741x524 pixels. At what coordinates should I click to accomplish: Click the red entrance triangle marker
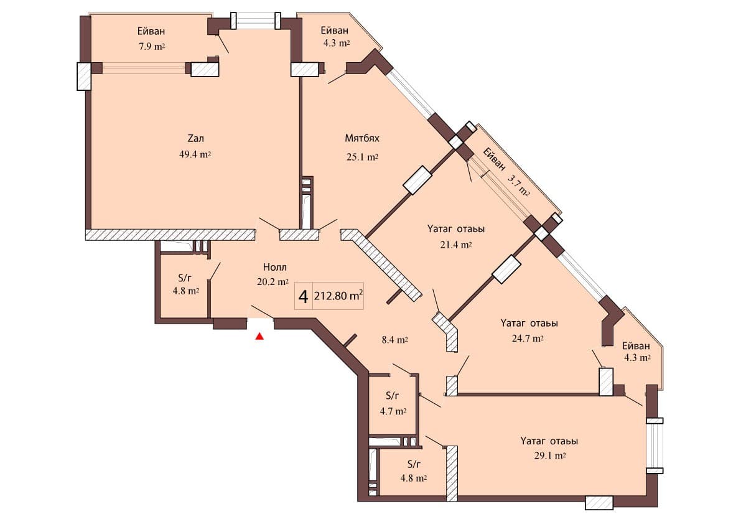coord(260,337)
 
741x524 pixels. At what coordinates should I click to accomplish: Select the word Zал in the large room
coord(195,139)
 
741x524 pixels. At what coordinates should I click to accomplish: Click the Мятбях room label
coord(362,138)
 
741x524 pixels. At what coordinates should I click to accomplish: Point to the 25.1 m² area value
coord(362,157)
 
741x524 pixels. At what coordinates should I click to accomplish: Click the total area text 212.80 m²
coord(338,297)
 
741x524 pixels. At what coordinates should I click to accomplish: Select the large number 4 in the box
coord(303,297)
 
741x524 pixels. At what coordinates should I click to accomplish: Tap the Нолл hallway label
coord(274,268)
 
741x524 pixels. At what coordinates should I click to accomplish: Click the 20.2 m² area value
coord(274,282)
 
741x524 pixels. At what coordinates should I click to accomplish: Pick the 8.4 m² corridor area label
coord(394,340)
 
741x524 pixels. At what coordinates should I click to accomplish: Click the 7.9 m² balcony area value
coord(151,46)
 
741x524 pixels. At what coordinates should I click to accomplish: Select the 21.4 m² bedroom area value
coord(456,245)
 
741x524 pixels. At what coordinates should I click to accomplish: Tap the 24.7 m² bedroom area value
coord(528,339)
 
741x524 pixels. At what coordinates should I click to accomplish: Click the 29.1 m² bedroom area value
coord(549,456)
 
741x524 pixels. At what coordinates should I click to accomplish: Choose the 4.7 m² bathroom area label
coord(393,411)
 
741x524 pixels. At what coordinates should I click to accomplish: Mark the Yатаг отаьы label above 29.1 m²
coord(549,441)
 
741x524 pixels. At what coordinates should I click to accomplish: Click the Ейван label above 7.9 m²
coord(151,31)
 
